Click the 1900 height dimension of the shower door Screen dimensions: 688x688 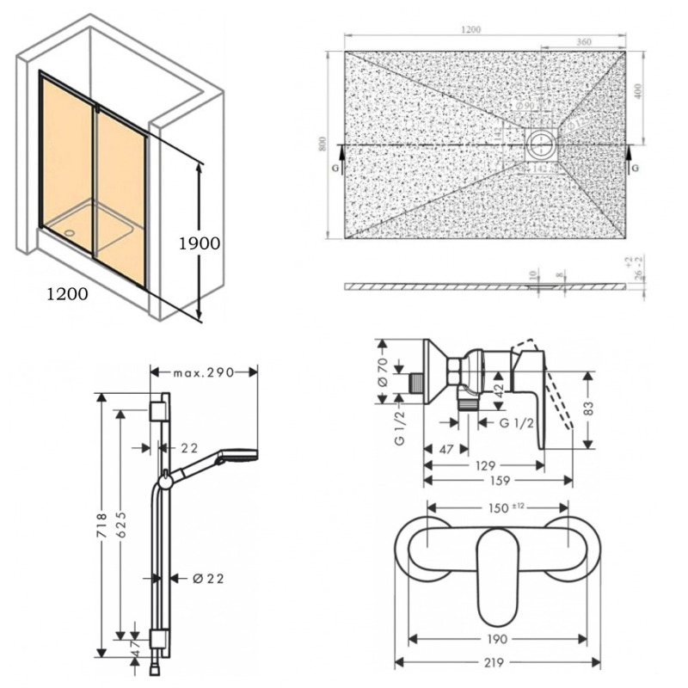coord(200,243)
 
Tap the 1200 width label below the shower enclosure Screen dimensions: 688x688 coord(66,294)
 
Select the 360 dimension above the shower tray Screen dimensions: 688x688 coord(586,41)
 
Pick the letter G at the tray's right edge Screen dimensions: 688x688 coord(635,169)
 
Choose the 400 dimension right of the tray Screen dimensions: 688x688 coord(637,91)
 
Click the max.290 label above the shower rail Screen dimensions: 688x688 coord(205,372)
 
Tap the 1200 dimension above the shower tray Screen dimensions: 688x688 coord(470,29)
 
